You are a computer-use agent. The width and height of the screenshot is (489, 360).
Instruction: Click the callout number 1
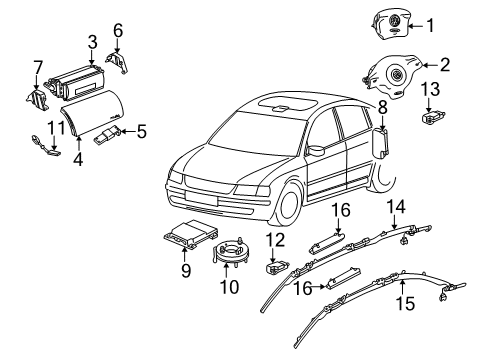click(430, 26)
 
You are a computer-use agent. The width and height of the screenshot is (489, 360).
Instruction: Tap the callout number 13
click(430, 89)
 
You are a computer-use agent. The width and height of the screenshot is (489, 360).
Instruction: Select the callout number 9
click(186, 270)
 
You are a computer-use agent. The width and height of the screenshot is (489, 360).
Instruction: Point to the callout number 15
click(405, 303)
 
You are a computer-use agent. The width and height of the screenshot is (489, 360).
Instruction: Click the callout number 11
click(56, 128)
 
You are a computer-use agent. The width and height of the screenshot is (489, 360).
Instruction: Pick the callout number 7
click(38, 68)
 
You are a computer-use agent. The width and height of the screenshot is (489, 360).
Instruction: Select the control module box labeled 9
click(190, 234)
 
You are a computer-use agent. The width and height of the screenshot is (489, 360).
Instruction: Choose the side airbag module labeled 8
click(381, 143)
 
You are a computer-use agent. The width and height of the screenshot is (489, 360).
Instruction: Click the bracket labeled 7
click(37, 99)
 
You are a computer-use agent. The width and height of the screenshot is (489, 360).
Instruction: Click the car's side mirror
click(316, 150)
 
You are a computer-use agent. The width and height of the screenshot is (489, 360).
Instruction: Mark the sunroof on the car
click(287, 102)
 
